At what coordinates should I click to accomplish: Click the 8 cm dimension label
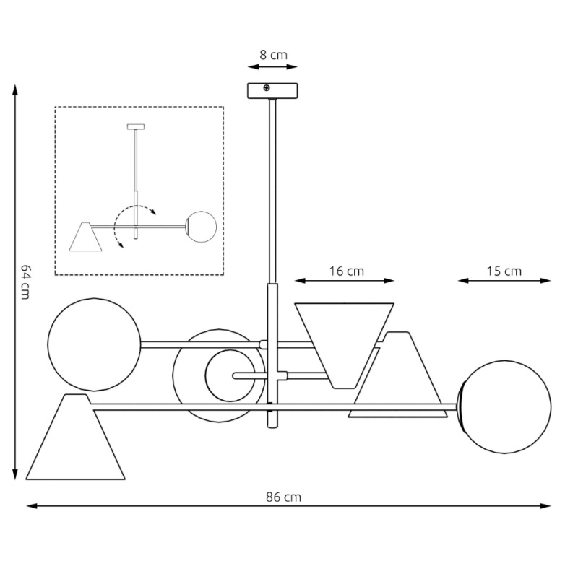tap(272, 54)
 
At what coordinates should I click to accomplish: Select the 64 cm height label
tap(25, 281)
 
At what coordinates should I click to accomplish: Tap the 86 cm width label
tap(283, 497)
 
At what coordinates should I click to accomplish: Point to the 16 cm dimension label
tap(346, 271)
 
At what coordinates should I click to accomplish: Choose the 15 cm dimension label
tap(504, 271)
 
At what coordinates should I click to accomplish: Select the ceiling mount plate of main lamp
tap(272, 92)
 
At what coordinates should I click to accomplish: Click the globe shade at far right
tap(506, 406)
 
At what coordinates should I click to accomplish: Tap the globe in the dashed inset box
tap(202, 225)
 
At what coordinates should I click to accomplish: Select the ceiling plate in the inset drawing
tap(135, 127)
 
